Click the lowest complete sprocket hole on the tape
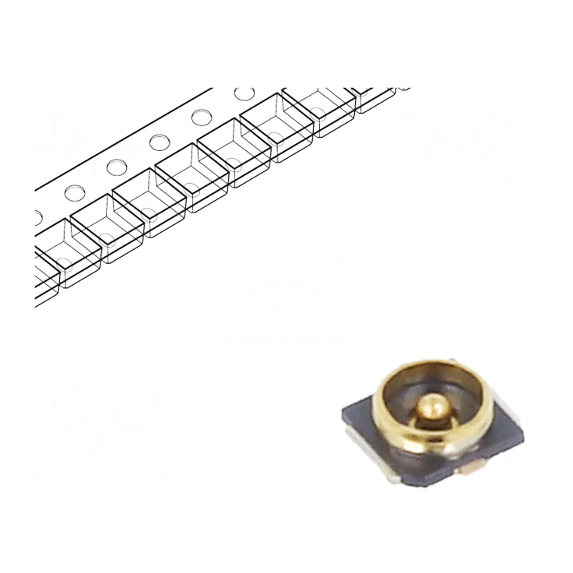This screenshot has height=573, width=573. pyautogui.click(x=75, y=191)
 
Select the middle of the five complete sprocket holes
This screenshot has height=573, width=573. pyautogui.click(x=160, y=142)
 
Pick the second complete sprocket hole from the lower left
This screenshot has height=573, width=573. pyautogui.click(x=118, y=166)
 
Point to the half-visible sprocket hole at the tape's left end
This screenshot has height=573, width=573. pyautogui.click(x=37, y=213)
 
